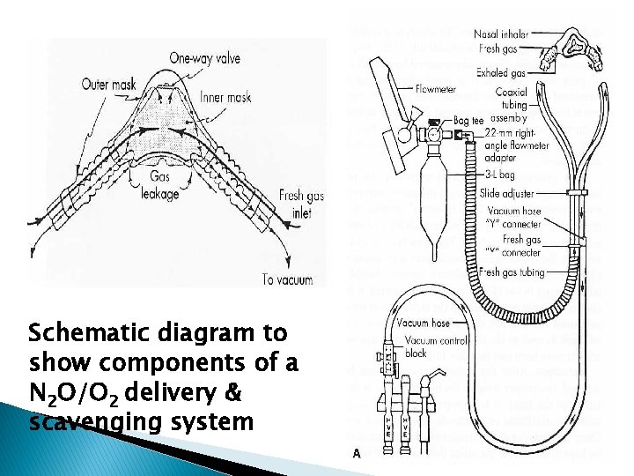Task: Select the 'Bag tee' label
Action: click(x=469, y=120)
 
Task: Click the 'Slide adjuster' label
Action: click(x=508, y=193)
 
